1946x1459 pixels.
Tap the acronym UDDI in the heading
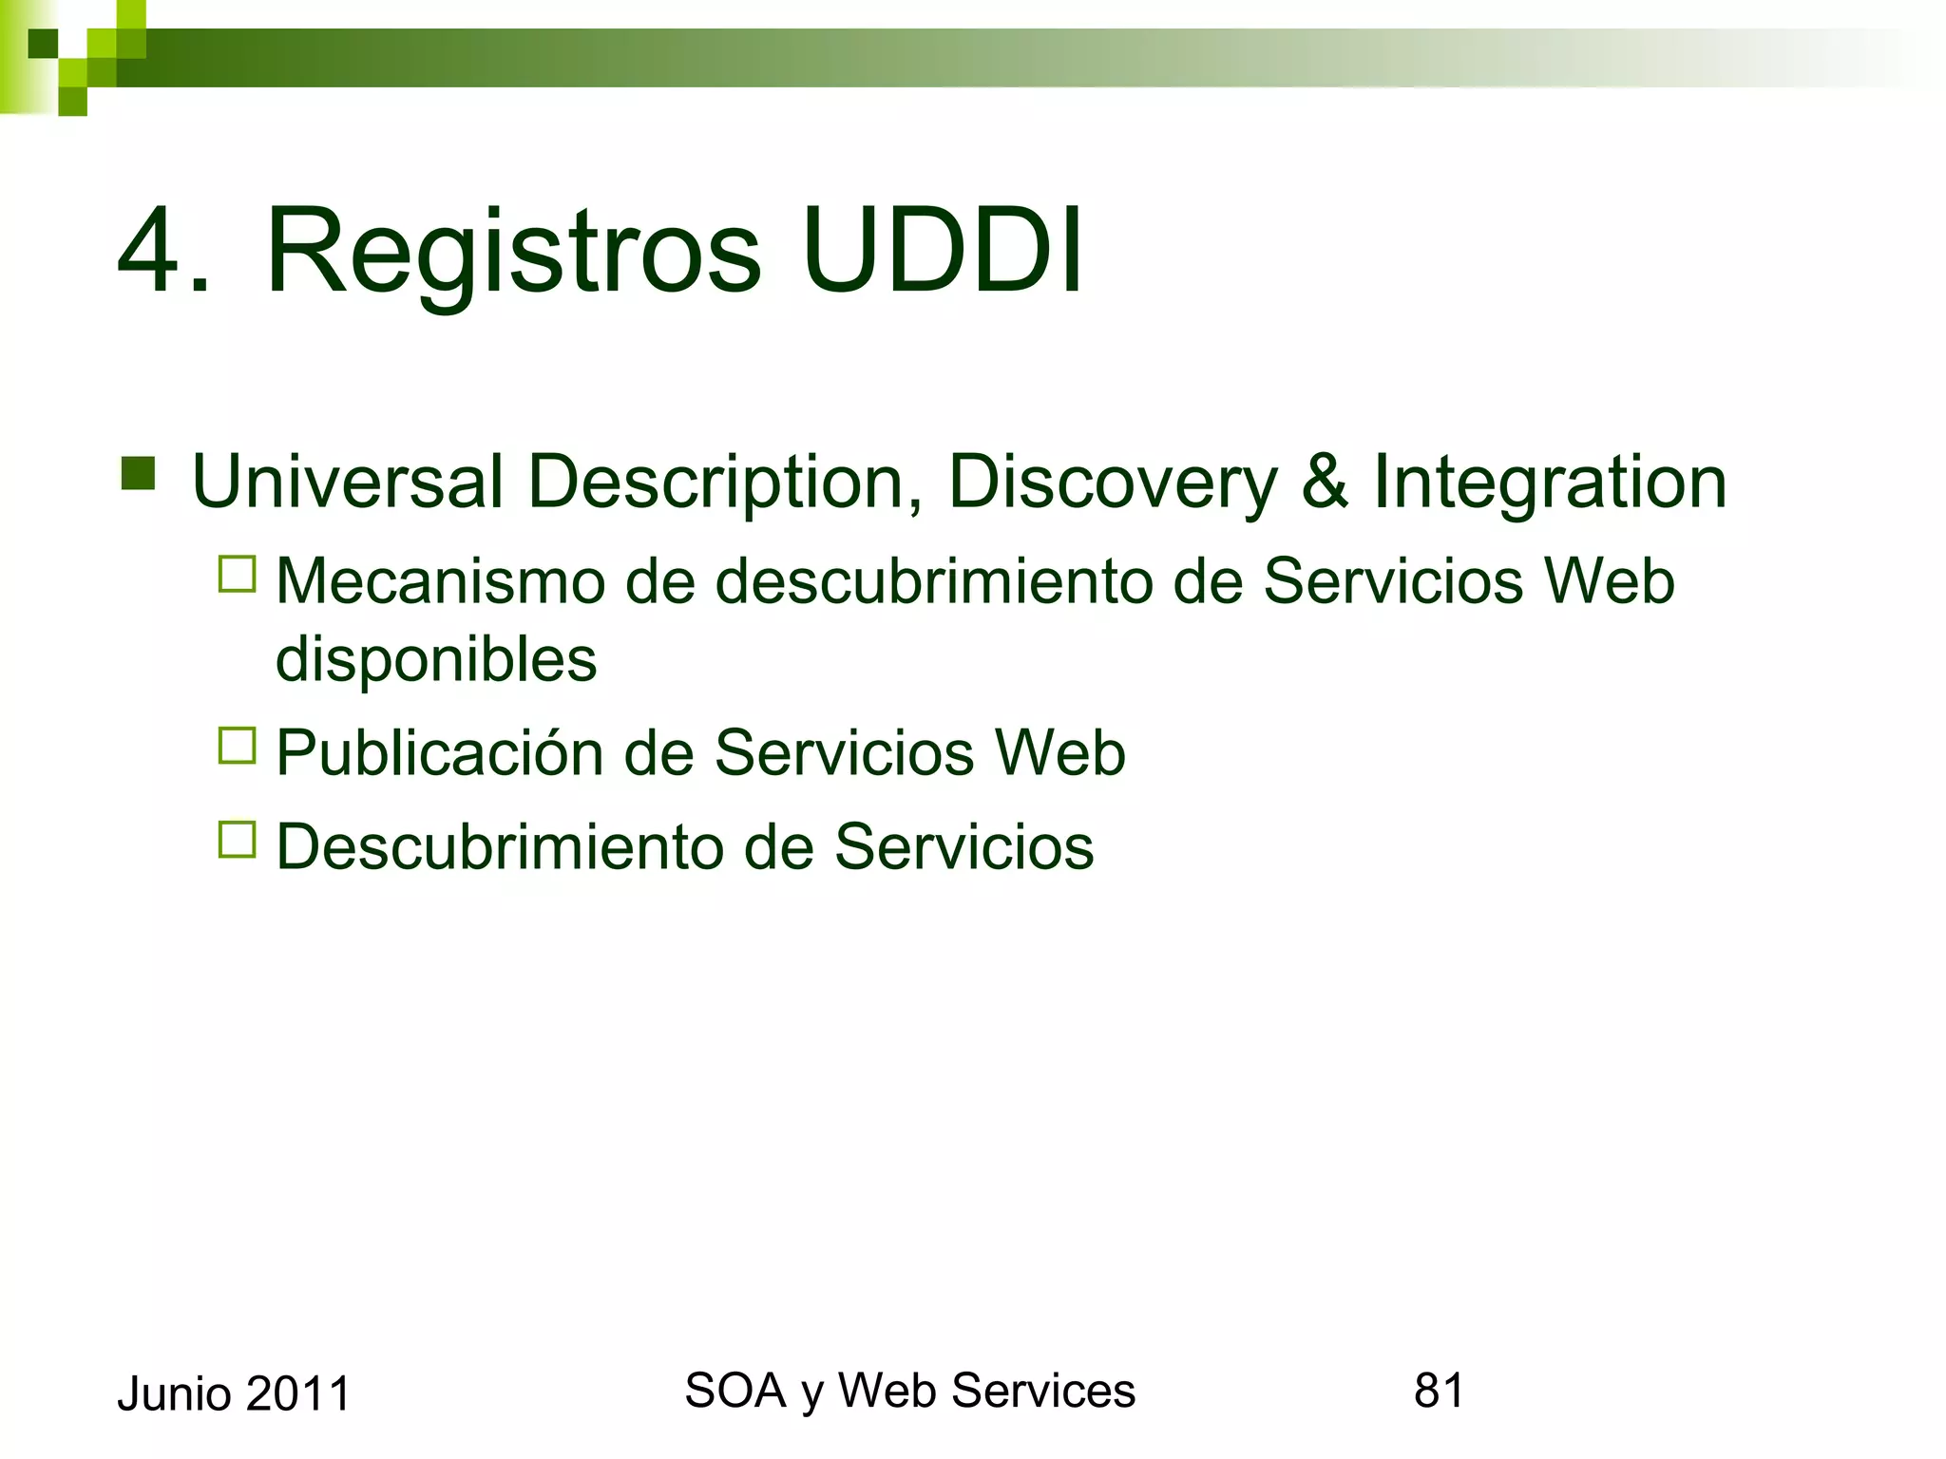pyautogui.click(x=942, y=252)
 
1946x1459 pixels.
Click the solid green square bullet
pyautogui.click(x=139, y=473)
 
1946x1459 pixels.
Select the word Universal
pyautogui.click(x=347, y=482)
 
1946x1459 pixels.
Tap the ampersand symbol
pyautogui.click(x=1325, y=482)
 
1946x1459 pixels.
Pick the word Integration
pyautogui.click(x=1550, y=483)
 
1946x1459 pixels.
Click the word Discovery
pyautogui.click(x=1113, y=483)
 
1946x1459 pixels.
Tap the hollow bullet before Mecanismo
pyautogui.click(x=238, y=575)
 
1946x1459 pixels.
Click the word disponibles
pyautogui.click(x=436, y=659)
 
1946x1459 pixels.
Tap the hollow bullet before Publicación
pyautogui.click(x=238, y=746)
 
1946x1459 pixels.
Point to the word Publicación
pyautogui.click(x=440, y=753)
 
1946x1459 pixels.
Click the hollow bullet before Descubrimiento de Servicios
pyautogui.click(x=238, y=840)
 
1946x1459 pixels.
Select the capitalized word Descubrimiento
pyautogui.click(x=498, y=846)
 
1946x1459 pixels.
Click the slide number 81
pyautogui.click(x=1439, y=1391)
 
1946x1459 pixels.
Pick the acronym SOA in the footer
pyautogui.click(x=735, y=1391)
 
